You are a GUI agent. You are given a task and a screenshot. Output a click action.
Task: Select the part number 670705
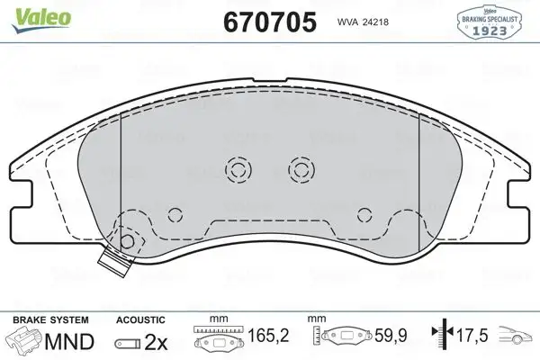coord(268,22)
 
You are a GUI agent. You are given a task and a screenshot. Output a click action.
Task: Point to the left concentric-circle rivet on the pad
coord(239,168)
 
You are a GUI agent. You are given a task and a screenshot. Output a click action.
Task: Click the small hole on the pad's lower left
coord(175,213)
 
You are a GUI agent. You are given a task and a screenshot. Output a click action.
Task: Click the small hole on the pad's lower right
coord(364,213)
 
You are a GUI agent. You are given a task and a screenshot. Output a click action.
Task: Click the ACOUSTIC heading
coord(139,319)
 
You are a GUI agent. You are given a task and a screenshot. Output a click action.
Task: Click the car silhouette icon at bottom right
coord(516,339)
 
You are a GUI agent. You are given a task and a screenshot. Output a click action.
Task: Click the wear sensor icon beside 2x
coord(126,343)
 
